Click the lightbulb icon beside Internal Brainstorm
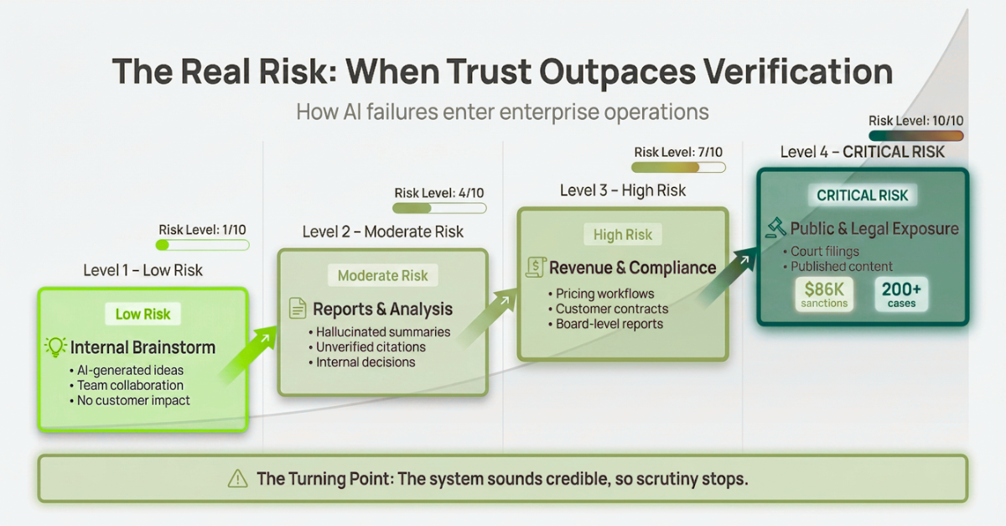[x=55, y=347]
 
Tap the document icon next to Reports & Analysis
[x=298, y=309]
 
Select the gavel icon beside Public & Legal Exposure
[x=775, y=228]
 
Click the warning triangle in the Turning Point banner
[x=237, y=479]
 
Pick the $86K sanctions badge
[x=824, y=294]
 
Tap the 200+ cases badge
[x=901, y=294]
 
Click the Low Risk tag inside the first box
[x=143, y=314]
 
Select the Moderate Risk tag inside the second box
[x=382, y=275]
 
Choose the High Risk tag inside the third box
[x=622, y=234]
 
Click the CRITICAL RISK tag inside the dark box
[x=863, y=195]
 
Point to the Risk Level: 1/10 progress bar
[x=203, y=245]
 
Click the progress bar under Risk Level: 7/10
[x=678, y=168]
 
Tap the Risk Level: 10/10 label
[x=915, y=121]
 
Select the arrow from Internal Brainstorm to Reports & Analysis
[x=247, y=355]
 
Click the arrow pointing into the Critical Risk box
[x=728, y=278]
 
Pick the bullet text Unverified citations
[x=371, y=347]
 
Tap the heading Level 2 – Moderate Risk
[x=382, y=232]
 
